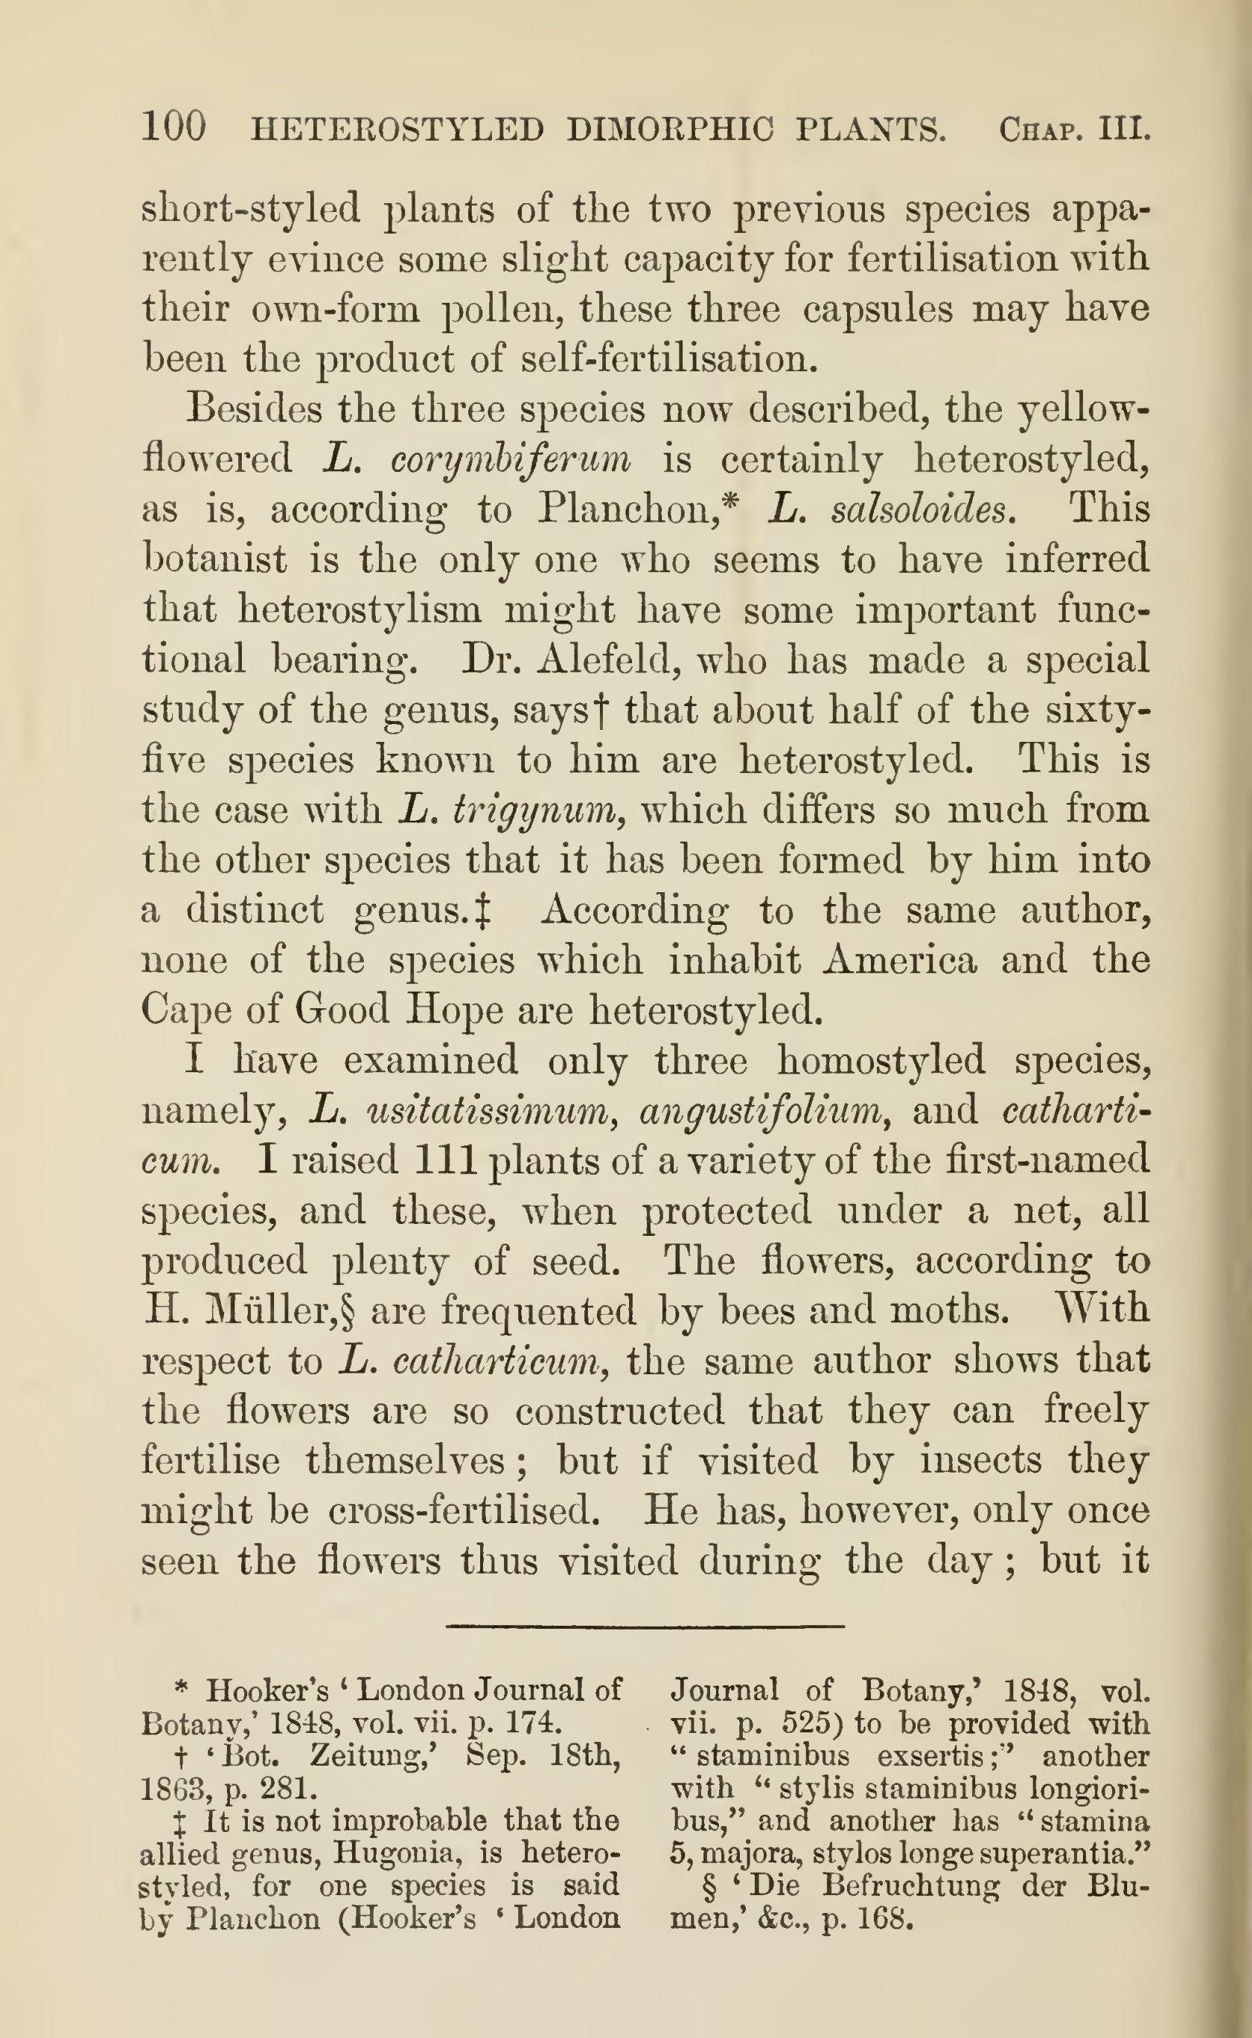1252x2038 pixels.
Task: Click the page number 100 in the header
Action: [174, 128]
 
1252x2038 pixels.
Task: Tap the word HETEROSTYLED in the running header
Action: [397, 130]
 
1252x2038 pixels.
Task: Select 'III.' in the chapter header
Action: [1124, 130]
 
